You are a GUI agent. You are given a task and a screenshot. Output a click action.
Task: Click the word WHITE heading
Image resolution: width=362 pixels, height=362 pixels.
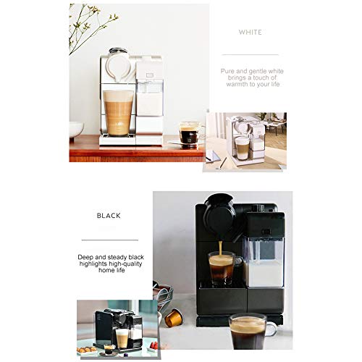click(250, 33)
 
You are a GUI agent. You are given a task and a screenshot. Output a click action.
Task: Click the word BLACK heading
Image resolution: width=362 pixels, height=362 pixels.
click(109, 216)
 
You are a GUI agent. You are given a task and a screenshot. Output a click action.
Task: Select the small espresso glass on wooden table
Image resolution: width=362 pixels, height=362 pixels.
click(189, 133)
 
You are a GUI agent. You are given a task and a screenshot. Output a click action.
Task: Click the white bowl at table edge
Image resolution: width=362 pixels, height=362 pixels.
click(75, 130)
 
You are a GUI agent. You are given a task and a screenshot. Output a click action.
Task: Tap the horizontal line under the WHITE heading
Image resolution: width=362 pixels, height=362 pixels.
click(250, 54)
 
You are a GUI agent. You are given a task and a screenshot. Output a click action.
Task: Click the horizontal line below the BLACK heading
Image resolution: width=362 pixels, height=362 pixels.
click(109, 240)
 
